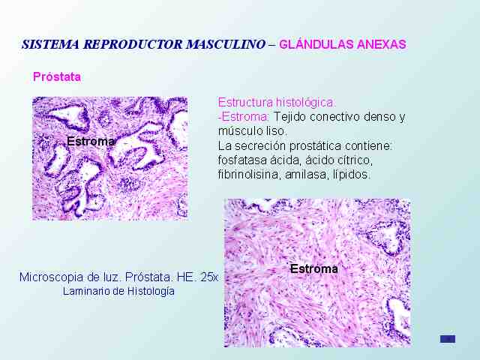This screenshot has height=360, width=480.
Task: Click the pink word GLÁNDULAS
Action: click(x=316, y=44)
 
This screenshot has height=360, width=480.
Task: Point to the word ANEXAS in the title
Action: click(x=382, y=44)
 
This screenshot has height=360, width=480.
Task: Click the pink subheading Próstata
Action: click(x=57, y=76)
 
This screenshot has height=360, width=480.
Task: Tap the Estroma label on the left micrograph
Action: click(x=91, y=142)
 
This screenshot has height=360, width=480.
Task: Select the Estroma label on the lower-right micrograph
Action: click(x=314, y=268)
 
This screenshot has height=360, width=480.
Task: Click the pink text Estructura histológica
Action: click(x=277, y=102)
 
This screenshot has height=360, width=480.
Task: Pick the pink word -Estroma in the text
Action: click(x=244, y=117)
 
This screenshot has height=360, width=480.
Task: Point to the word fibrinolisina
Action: click(x=249, y=175)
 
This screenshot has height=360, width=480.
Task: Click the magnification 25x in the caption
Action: click(x=209, y=277)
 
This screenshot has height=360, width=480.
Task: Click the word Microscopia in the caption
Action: click(x=51, y=277)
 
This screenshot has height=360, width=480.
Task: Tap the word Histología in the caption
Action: click(x=151, y=291)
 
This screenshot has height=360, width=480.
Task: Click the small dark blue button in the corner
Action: click(x=448, y=339)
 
